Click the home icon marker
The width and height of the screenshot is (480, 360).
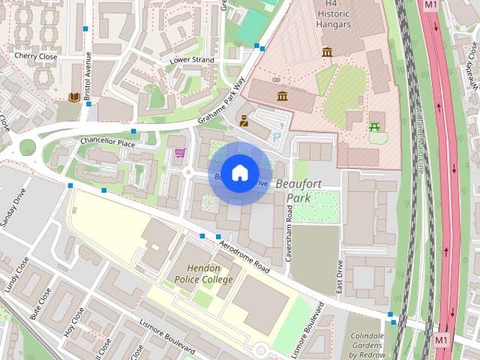click(x=238, y=173)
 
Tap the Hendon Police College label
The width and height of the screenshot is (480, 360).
click(x=204, y=274)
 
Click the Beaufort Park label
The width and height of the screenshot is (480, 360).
click(x=298, y=190)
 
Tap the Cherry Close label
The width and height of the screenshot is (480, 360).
click(x=35, y=55)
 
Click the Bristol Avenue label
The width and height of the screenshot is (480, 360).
click(x=88, y=74)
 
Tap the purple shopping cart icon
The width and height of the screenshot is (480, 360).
click(x=179, y=153)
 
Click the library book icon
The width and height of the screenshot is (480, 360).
click(x=73, y=97)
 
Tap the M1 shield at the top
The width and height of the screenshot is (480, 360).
click(x=430, y=5)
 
